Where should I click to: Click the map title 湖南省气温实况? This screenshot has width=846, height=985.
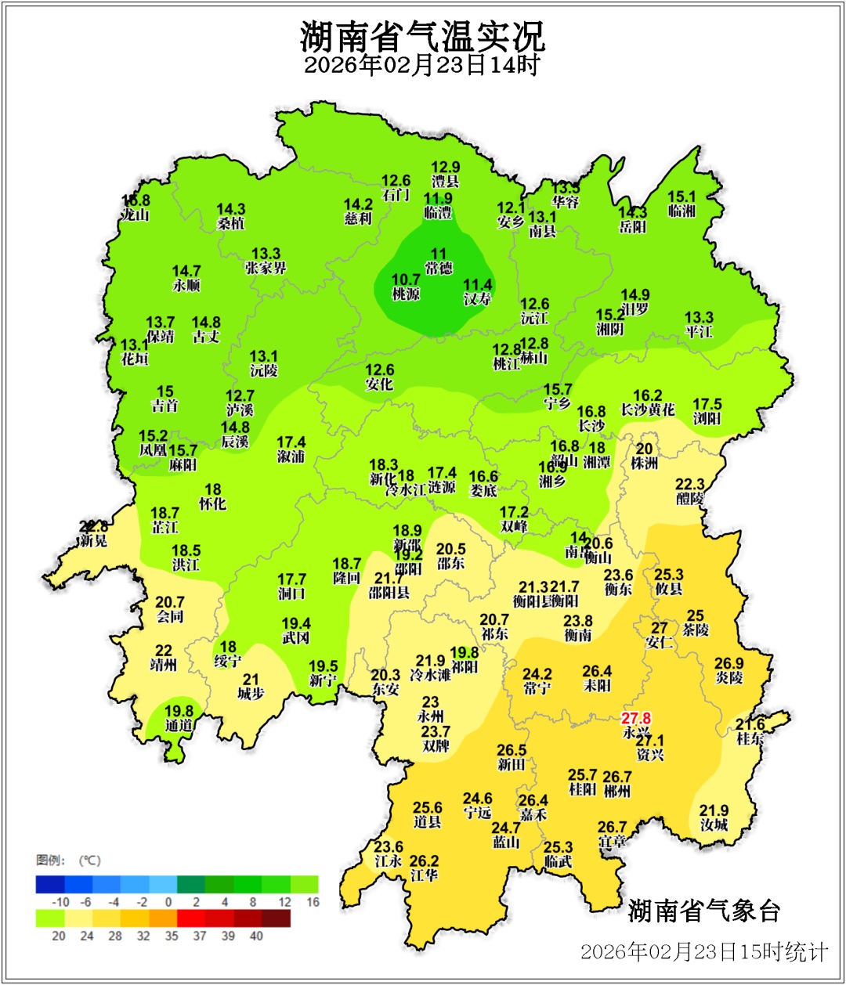tap(422, 35)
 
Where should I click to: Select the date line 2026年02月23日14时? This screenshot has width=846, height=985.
tap(422, 65)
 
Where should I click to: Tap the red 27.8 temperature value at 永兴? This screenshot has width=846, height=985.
tap(636, 718)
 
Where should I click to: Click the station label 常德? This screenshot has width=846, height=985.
tap(439, 269)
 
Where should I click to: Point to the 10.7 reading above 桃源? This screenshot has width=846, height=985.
tap(406, 280)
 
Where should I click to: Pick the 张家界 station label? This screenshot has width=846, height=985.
tap(266, 268)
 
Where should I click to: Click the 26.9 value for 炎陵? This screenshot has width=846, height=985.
tap(728, 663)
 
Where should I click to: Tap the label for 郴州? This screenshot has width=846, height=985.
tap(617, 792)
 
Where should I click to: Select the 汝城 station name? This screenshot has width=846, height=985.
tap(714, 824)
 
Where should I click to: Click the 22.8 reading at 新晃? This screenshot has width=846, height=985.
tap(94, 527)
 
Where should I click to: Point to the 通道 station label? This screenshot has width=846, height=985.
tap(179, 725)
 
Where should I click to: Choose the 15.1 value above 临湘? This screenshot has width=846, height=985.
tap(681, 197)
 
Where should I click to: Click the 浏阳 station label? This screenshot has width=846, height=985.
tap(707, 419)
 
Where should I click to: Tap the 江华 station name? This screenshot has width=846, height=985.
tap(424, 875)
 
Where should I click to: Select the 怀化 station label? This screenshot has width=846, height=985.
tap(212, 504)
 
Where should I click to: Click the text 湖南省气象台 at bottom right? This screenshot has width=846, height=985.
tap(704, 911)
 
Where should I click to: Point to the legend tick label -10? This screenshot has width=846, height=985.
tap(61, 902)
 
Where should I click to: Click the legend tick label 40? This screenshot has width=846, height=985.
tap(256, 936)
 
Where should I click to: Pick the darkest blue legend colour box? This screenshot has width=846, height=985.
tap(50, 884)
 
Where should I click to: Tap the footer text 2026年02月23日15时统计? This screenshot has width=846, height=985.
tap(703, 951)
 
